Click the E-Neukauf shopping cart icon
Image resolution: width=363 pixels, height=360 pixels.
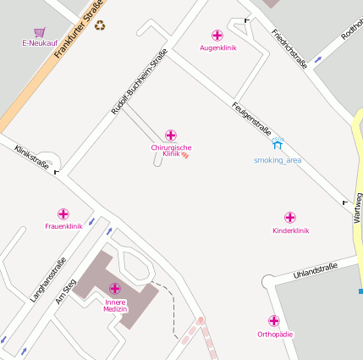click(39, 31)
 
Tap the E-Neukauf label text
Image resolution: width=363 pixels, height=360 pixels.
click(39, 42)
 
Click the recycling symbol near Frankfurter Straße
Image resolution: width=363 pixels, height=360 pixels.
click(100, 25)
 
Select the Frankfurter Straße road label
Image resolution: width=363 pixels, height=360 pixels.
click(80, 30)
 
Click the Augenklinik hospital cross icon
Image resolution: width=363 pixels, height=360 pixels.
click(217, 36)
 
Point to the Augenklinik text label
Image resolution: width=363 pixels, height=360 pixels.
click(217, 47)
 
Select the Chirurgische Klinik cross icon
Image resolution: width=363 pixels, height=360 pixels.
click(171, 136)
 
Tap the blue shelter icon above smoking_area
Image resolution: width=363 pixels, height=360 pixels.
click(278, 146)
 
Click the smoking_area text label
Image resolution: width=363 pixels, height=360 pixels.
click(278, 159)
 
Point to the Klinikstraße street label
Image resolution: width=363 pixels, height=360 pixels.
click(31, 157)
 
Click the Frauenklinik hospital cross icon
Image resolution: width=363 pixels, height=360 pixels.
click(63, 214)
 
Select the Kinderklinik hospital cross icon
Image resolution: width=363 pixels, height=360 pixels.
click(290, 218)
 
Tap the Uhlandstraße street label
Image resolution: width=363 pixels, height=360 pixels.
click(315, 270)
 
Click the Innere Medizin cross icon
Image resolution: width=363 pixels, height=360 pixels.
click(115, 289)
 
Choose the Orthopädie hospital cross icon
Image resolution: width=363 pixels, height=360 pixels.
click(274, 321)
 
